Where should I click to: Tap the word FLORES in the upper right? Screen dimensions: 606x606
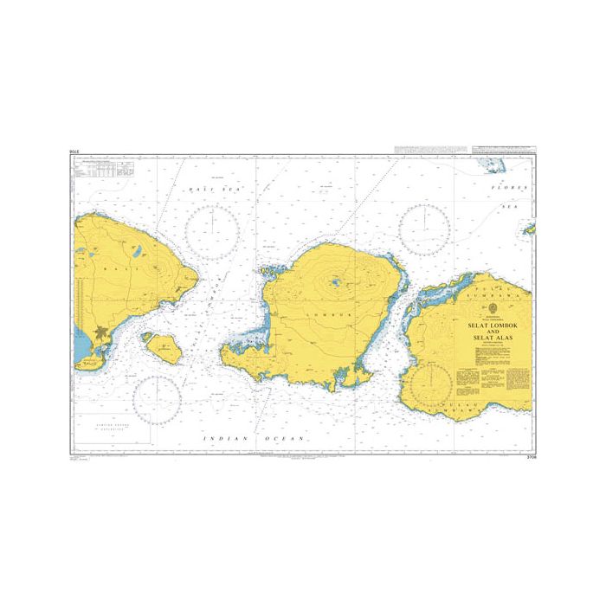tap(502, 188)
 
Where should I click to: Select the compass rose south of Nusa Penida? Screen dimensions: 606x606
tap(157, 398)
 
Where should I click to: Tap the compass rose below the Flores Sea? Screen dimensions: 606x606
tap(425, 229)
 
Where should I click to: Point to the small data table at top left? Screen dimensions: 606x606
tap(99, 171)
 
